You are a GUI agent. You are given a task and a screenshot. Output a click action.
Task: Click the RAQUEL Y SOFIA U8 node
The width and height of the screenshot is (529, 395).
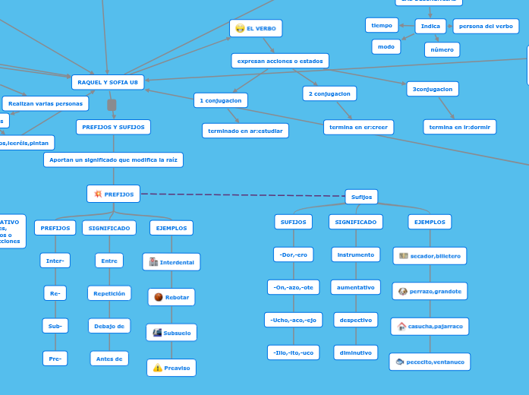tap(108, 82)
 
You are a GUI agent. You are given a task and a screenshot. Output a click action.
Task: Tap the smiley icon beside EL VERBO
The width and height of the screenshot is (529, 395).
tap(240, 29)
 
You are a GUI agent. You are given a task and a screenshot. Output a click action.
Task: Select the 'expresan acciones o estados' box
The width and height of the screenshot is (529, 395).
tap(280, 61)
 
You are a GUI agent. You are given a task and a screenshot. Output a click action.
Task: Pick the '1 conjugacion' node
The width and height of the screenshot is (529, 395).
tap(221, 100)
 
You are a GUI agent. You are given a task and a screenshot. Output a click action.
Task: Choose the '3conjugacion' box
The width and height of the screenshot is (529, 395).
tap(432, 89)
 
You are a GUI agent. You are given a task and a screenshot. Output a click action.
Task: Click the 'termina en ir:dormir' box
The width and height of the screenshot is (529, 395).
tap(459, 127)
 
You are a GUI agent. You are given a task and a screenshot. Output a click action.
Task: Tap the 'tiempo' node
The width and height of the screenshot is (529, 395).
tap(382, 25)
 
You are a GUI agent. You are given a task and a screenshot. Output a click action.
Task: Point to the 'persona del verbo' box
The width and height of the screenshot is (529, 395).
tap(486, 26)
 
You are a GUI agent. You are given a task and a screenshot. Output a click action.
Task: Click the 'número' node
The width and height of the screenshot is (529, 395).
tap(442, 50)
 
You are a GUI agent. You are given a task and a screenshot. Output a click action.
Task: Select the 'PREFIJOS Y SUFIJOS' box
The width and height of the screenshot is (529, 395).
tap(113, 127)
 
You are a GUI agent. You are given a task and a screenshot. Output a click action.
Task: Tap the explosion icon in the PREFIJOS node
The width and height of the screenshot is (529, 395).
tap(98, 194)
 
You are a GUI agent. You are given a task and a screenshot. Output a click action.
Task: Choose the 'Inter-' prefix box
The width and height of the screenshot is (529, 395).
tap(55, 261)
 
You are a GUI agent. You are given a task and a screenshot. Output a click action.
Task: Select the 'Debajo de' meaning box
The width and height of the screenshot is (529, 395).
tap(109, 326)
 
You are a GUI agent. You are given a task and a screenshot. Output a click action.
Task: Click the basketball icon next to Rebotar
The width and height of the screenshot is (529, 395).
tap(158, 297)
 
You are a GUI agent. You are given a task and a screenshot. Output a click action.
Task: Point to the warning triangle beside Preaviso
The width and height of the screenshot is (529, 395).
tap(157, 368)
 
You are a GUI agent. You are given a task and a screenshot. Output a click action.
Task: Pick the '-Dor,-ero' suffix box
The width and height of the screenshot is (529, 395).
tap(293, 254)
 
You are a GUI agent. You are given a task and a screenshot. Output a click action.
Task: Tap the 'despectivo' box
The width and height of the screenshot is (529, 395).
tap(355, 320)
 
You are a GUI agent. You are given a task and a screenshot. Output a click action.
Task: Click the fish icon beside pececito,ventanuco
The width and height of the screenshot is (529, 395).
tap(399, 362)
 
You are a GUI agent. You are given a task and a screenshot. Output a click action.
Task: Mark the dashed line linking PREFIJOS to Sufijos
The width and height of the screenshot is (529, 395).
tap(243, 195)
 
